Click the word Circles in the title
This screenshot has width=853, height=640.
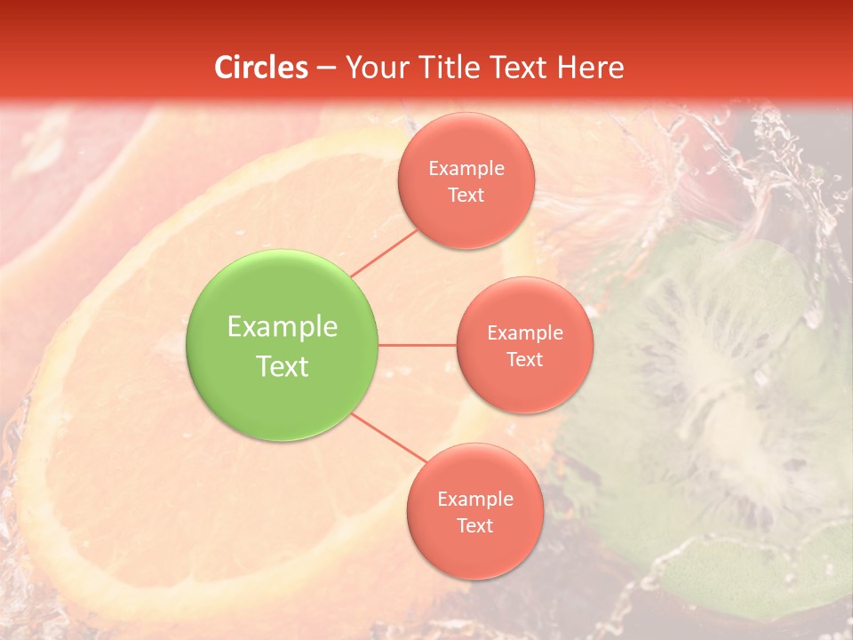(x=260, y=68)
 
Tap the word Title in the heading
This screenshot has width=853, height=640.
(x=451, y=68)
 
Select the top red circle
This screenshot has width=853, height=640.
(x=466, y=180)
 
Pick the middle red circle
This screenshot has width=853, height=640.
(x=524, y=345)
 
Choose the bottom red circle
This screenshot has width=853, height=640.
(x=474, y=511)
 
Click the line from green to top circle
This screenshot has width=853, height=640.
(x=384, y=252)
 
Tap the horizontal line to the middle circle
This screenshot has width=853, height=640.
(x=418, y=345)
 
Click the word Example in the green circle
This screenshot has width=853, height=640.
(x=283, y=327)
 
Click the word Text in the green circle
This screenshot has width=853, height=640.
(x=283, y=366)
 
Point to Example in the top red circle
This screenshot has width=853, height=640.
(x=466, y=168)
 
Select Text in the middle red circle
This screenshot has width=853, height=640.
(x=524, y=359)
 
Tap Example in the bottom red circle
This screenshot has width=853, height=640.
(x=475, y=499)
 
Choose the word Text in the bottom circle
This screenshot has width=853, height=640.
(x=474, y=525)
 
